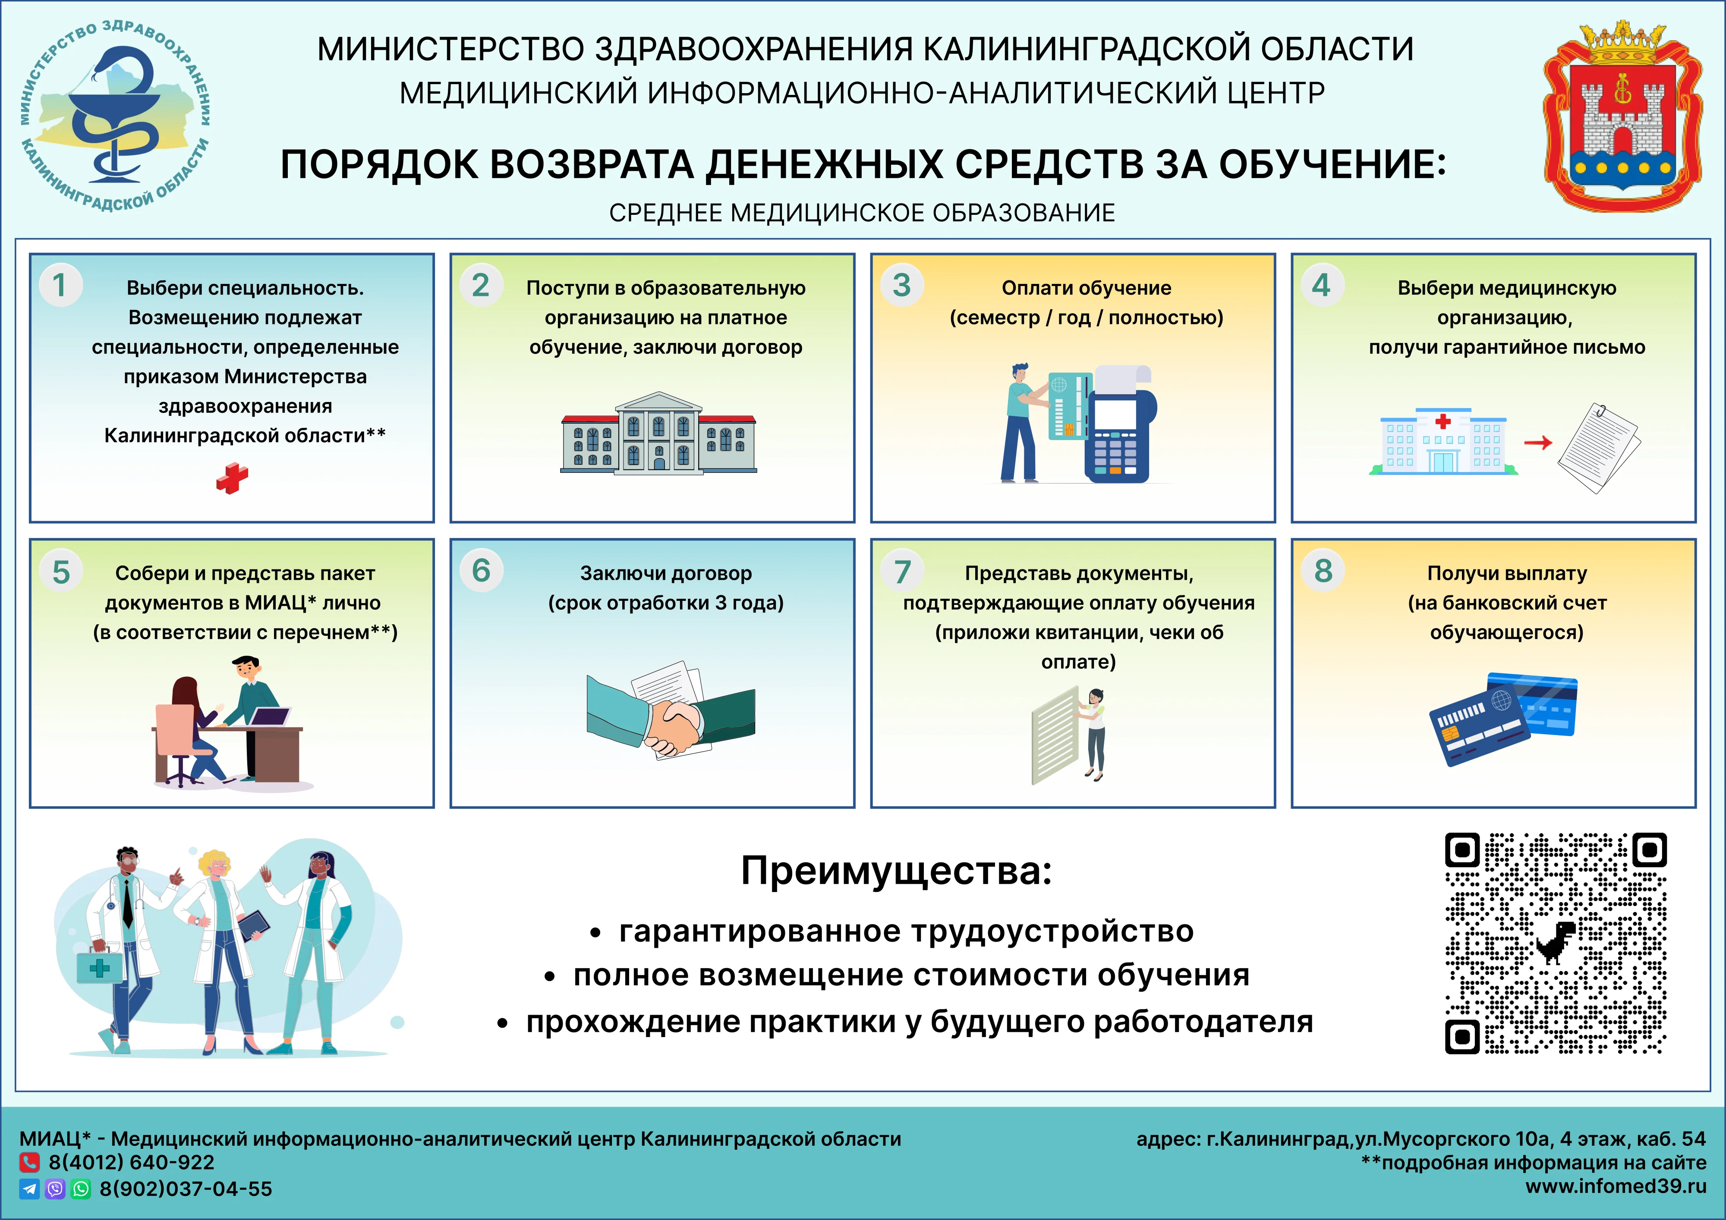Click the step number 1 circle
point(60,285)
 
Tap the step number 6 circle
point(481,571)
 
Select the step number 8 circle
point(1323,571)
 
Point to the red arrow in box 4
point(1538,443)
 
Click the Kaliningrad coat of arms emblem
point(1622,116)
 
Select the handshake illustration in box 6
point(671,718)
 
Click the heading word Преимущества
point(896,871)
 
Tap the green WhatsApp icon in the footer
point(80,1189)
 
